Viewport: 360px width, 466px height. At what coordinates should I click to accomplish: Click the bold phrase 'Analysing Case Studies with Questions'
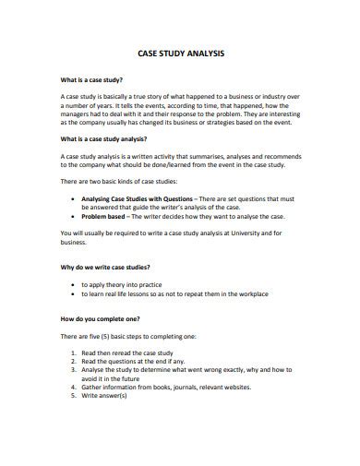pos(137,197)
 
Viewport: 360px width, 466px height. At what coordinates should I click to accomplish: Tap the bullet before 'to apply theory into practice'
pos(73,285)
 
